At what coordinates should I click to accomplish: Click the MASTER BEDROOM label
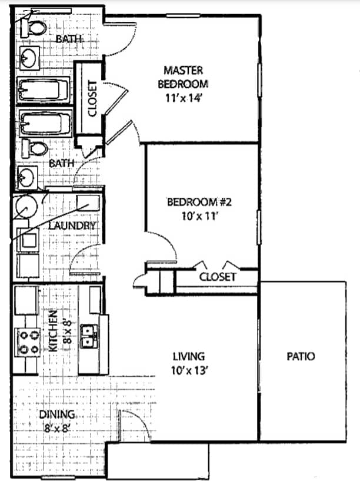pos(183,77)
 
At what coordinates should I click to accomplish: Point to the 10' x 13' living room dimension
pos(188,370)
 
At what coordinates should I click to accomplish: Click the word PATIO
pos(301,356)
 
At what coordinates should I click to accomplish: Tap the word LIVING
pos(188,356)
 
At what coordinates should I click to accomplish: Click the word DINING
pos(58,414)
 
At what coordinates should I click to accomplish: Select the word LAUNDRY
pos(72,225)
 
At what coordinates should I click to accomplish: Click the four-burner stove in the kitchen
pos(28,342)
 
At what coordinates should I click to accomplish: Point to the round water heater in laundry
pos(26,207)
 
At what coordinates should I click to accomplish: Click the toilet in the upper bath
pos(36,27)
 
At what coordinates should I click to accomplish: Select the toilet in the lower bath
pos(36,148)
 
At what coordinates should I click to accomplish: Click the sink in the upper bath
pos(27,58)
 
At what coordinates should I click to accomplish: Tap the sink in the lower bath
pos(26,176)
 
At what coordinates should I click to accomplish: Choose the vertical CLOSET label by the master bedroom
pos(91,98)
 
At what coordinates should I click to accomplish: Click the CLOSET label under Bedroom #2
pos(217,276)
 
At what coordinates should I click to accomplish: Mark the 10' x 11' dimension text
pos(200,216)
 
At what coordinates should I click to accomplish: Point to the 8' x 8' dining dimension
pos(58,429)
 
